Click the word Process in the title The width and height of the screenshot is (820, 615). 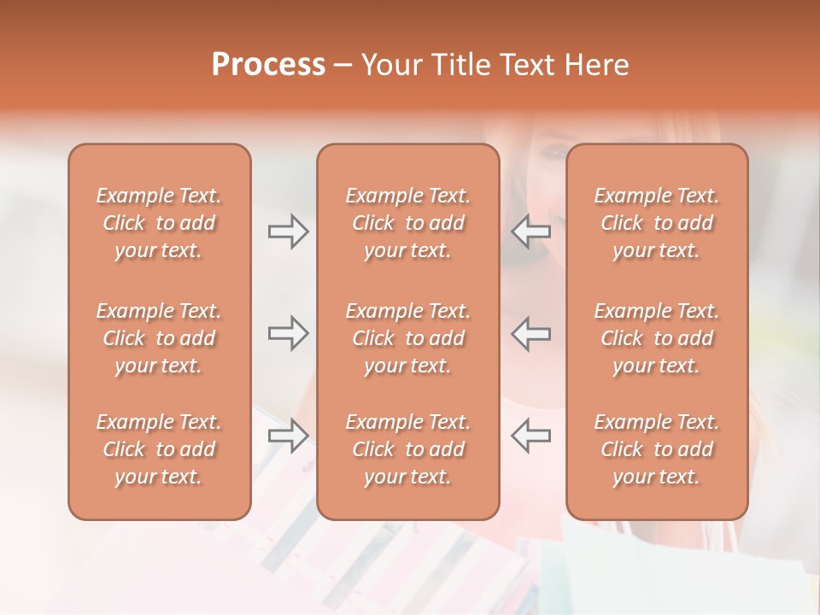268,64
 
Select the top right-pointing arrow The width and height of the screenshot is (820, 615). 289,231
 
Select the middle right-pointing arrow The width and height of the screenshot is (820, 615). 289,333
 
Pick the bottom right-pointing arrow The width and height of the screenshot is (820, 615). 289,436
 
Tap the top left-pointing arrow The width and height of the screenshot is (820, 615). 530,231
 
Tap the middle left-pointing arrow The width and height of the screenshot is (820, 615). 530,333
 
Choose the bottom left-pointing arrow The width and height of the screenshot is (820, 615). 530,436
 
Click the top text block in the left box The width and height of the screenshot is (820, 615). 159,223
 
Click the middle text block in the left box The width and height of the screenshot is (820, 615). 159,338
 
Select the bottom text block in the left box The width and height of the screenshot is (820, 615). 159,449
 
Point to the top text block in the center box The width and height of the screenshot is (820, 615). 407,223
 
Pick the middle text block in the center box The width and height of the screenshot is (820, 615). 407,338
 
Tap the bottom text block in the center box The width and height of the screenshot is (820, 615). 407,449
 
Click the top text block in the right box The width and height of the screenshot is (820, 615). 656,223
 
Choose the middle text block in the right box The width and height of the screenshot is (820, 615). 656,338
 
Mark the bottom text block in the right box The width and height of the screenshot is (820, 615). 656,449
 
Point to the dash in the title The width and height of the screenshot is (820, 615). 343,66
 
